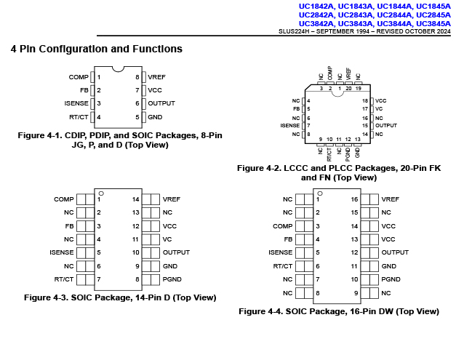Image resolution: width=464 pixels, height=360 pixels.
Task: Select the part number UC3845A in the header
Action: coord(433,23)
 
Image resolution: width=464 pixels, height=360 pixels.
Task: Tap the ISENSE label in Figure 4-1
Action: coord(76,103)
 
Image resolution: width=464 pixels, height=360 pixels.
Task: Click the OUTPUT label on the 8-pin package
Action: coord(161,103)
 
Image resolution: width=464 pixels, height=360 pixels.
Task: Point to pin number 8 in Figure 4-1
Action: coord(137,77)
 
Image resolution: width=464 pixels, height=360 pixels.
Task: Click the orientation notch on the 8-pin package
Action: coord(118,70)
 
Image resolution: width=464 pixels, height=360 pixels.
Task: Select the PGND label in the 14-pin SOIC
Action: coord(172,279)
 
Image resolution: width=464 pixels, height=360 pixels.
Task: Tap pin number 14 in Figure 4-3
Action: coord(135,199)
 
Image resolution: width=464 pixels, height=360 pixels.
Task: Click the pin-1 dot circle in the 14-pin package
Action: coord(101,193)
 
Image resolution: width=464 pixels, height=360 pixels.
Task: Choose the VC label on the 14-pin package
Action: coord(167,239)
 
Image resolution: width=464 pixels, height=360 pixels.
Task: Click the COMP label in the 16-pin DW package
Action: coord(283,226)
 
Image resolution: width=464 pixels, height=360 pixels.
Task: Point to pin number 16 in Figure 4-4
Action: coord(354,199)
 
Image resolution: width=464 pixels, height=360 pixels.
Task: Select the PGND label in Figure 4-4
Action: coord(391,279)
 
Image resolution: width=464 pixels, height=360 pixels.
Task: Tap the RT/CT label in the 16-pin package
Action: coord(283,266)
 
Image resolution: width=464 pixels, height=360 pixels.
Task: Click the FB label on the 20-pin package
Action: coord(297,109)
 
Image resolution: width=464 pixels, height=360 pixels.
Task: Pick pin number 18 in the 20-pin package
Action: coord(365,101)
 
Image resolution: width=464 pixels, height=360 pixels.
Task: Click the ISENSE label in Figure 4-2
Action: coord(290,126)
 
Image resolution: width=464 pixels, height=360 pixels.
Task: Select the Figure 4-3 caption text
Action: coord(120,297)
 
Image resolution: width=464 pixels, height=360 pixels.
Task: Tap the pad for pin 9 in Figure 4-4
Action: coord(369,293)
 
